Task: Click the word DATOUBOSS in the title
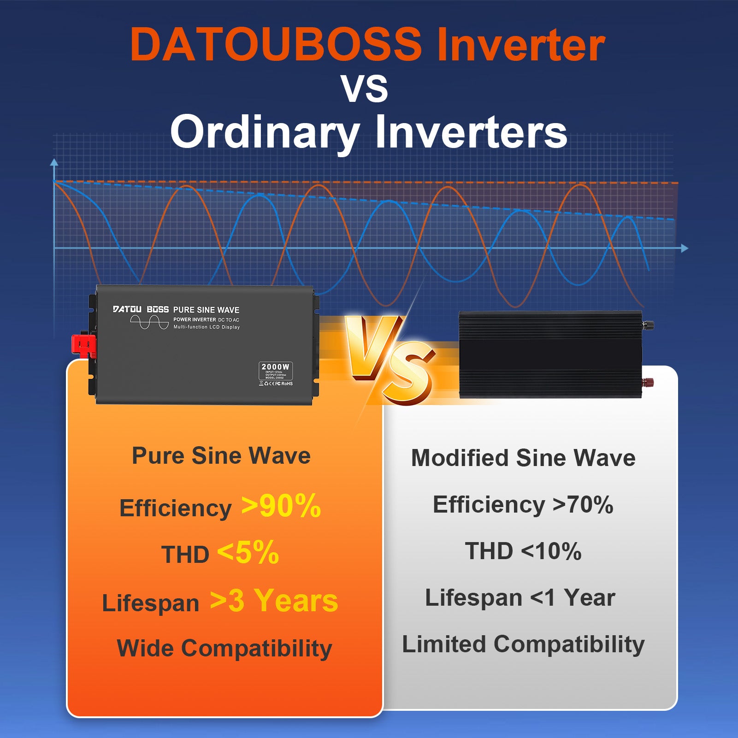[276, 45]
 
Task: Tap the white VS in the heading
[364, 89]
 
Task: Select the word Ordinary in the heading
[265, 132]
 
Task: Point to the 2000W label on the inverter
[275, 367]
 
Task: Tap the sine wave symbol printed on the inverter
[149, 322]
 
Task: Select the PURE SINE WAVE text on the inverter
[206, 310]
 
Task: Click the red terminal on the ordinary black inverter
[649, 382]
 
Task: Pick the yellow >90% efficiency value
[281, 506]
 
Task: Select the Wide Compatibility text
[224, 648]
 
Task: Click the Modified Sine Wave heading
[523, 458]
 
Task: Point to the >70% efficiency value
[583, 504]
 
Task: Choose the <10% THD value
[551, 551]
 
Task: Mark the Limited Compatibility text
[523, 644]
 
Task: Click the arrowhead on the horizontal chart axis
[685, 248]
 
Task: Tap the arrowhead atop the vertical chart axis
[54, 162]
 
